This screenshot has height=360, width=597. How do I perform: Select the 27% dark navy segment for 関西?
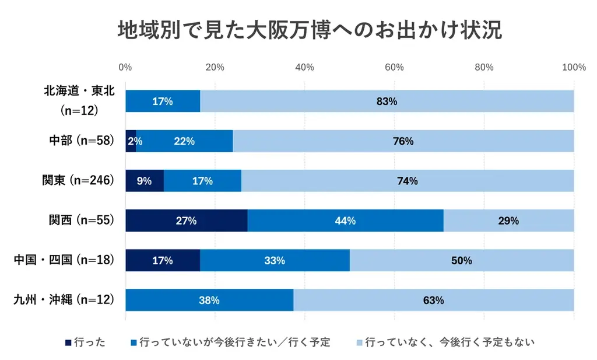pyautogui.click(x=187, y=221)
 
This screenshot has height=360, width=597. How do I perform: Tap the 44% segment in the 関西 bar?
pyautogui.click(x=345, y=221)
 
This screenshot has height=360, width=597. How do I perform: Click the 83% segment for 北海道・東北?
pyautogui.click(x=387, y=101)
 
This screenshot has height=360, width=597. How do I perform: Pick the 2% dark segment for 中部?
pyautogui.click(x=131, y=141)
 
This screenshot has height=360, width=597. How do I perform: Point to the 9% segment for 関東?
pyautogui.click(x=145, y=181)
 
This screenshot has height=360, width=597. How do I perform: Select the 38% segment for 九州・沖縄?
pyautogui.click(x=209, y=300)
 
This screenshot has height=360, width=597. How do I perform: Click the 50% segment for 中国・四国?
pyautogui.click(x=461, y=261)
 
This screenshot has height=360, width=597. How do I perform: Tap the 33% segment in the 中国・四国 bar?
pyautogui.click(x=275, y=261)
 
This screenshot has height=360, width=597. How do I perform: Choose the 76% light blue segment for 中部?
pyautogui.click(x=403, y=141)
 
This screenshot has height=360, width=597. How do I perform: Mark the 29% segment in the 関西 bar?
pyautogui.click(x=508, y=221)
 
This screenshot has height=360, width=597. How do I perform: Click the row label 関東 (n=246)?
pyautogui.click(x=77, y=181)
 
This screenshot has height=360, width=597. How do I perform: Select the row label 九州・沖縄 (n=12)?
pyautogui.click(x=63, y=300)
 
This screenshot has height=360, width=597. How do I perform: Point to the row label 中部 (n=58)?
pyautogui.click(x=81, y=141)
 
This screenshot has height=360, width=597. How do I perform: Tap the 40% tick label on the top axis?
pyautogui.click(x=305, y=67)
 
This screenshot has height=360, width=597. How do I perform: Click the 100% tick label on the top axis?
pyautogui.click(x=574, y=67)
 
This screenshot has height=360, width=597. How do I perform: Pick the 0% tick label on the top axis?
pyautogui.click(x=125, y=67)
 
